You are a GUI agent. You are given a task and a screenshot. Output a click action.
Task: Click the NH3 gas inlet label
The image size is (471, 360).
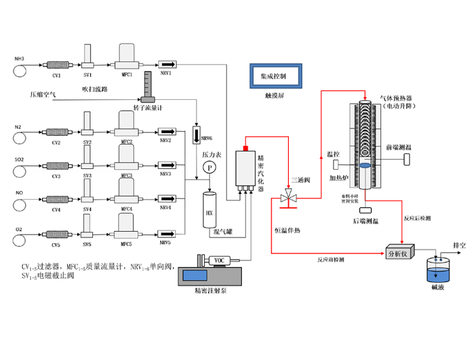click(19, 58)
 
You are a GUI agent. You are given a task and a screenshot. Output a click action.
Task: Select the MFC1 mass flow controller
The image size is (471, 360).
click(127, 55)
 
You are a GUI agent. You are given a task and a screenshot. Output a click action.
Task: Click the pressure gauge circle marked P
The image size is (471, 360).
click(209, 167)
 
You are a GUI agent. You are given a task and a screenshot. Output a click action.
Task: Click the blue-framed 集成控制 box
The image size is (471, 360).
click(274, 76)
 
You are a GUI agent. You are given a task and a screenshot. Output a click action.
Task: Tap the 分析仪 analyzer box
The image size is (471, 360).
click(399, 254)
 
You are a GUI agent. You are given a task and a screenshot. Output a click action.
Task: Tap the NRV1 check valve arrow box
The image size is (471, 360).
click(166, 65)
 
